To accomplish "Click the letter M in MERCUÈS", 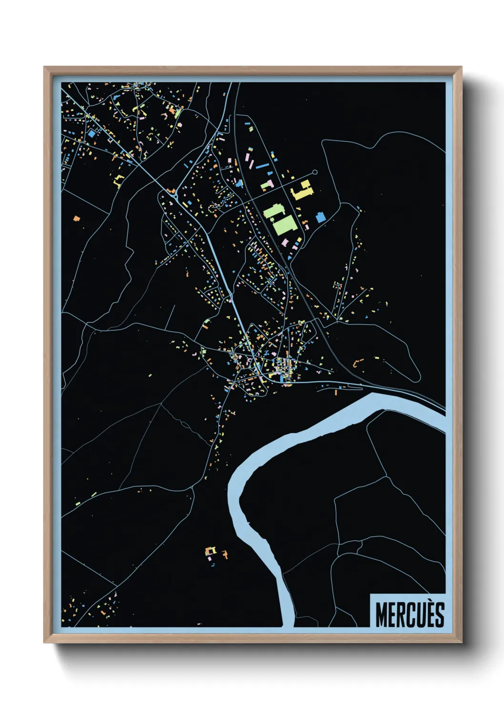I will [382, 614].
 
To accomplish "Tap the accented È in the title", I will [429, 614].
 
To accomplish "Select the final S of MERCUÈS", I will [439, 614].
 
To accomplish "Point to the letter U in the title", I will [418, 614].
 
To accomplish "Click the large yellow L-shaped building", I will [302, 191].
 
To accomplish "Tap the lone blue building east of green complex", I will [321, 217].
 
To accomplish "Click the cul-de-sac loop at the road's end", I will [314, 172].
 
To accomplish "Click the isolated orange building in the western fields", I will [76, 219].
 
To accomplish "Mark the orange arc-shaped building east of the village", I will [355, 363].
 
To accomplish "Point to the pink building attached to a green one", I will [271, 183].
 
